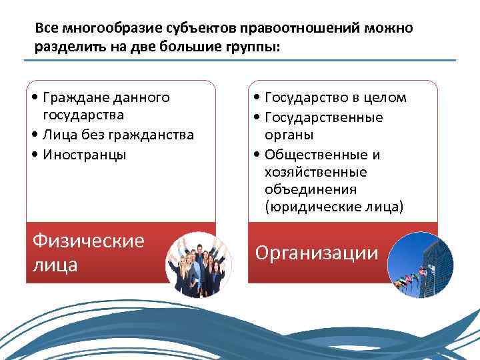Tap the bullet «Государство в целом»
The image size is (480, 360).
click(x=335, y=98)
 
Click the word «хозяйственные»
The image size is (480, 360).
click(x=316, y=172)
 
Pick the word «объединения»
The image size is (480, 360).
click(x=309, y=190)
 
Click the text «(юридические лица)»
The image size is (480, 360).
click(x=334, y=207)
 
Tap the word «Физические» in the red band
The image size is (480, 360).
click(x=88, y=240)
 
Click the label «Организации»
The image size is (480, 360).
click(x=317, y=253)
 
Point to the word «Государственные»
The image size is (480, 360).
click(x=324, y=117)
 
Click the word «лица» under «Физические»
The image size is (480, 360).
click(x=55, y=265)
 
